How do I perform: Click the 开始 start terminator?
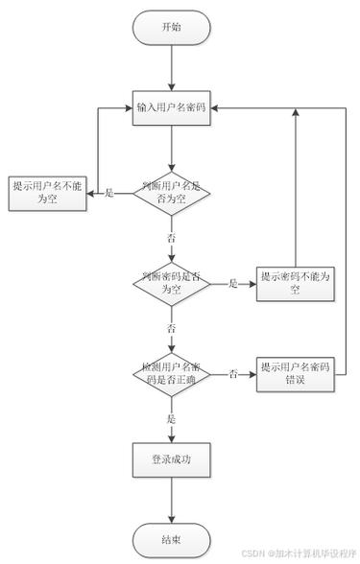click(x=171, y=28)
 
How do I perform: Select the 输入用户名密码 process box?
click(x=171, y=106)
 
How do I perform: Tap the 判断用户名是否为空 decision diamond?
click(x=171, y=193)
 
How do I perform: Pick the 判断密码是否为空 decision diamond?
click(x=171, y=283)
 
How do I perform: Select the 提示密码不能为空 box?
click(x=295, y=283)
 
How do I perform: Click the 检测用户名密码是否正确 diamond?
click(x=171, y=373)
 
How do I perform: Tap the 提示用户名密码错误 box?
click(x=295, y=373)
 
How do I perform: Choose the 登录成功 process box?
click(x=171, y=459)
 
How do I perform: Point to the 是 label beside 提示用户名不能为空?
click(x=108, y=194)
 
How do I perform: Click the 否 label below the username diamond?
click(x=172, y=236)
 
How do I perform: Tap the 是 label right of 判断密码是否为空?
click(x=233, y=284)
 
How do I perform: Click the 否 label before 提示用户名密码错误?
click(x=233, y=374)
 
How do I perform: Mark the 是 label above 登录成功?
click(x=172, y=419)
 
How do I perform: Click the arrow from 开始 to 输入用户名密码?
click(x=171, y=67)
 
